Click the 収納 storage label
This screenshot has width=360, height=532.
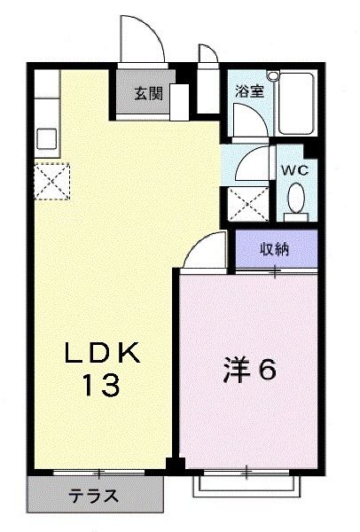274,248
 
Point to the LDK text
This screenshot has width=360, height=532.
103,353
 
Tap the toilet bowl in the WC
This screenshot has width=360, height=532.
296,197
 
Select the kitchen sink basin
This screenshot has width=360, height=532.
45,138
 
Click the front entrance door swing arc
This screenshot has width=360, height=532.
146,40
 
